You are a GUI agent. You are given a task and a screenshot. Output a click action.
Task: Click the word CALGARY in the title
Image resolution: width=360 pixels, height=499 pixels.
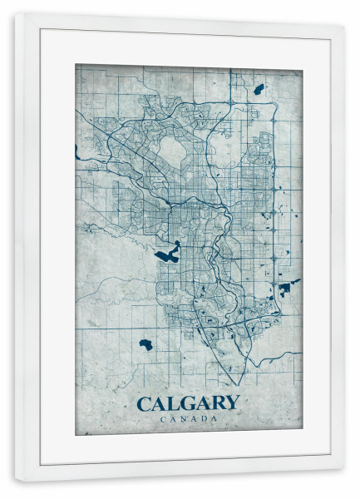[x=187, y=403]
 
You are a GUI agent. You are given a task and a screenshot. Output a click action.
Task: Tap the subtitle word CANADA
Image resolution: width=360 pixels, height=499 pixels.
[x=187, y=418]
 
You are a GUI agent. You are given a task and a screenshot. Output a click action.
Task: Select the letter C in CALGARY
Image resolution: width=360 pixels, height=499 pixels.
[x=143, y=403]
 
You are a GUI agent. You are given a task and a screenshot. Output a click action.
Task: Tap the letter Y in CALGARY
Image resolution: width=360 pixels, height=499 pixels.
[x=231, y=403]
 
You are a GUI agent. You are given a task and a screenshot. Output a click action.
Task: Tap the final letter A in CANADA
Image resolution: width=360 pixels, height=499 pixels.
[x=215, y=418]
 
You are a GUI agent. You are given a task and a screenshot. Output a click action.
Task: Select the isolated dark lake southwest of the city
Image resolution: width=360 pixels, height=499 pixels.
[x=146, y=344]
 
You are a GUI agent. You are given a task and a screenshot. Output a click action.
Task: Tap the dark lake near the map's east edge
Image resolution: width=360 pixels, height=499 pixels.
[x=287, y=289]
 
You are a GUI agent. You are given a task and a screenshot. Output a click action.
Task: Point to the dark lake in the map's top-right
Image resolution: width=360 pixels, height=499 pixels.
[x=259, y=88]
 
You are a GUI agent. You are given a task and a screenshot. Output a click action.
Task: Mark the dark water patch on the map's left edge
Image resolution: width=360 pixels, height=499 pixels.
[x=76, y=152]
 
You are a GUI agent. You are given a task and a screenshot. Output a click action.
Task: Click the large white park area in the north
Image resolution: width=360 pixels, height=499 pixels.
[x=173, y=151]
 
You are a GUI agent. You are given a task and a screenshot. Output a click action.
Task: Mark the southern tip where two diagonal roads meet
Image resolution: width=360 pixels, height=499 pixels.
[x=242, y=383]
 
